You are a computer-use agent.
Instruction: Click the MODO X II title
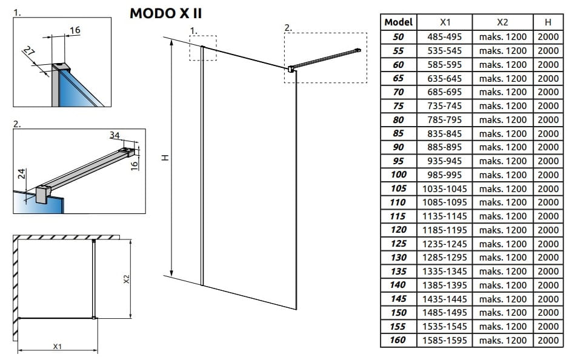[x=166, y=13]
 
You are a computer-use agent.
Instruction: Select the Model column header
[x=398, y=22]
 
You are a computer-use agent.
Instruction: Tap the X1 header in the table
[x=445, y=22]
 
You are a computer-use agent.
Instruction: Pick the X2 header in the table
[x=502, y=22]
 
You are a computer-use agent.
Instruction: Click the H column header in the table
[x=548, y=22]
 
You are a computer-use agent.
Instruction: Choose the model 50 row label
[x=398, y=37]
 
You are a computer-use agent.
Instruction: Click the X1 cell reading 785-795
[x=445, y=120]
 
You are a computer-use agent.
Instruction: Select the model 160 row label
[x=398, y=341]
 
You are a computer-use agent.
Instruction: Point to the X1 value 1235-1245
[x=445, y=244]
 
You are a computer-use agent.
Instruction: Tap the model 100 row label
[x=398, y=175]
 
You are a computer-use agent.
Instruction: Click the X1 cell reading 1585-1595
[x=445, y=341]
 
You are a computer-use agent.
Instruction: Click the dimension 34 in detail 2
[x=115, y=135]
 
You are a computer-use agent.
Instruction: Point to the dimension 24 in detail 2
[x=22, y=175]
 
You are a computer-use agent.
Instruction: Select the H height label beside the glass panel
[x=164, y=158]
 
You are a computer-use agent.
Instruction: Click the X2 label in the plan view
[x=126, y=279]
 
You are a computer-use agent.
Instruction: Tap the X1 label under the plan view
[x=57, y=346]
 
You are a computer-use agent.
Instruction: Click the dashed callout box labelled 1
[x=202, y=47]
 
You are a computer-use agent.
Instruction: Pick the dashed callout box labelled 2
[x=325, y=58]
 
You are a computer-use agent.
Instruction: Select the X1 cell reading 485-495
[x=445, y=37]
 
